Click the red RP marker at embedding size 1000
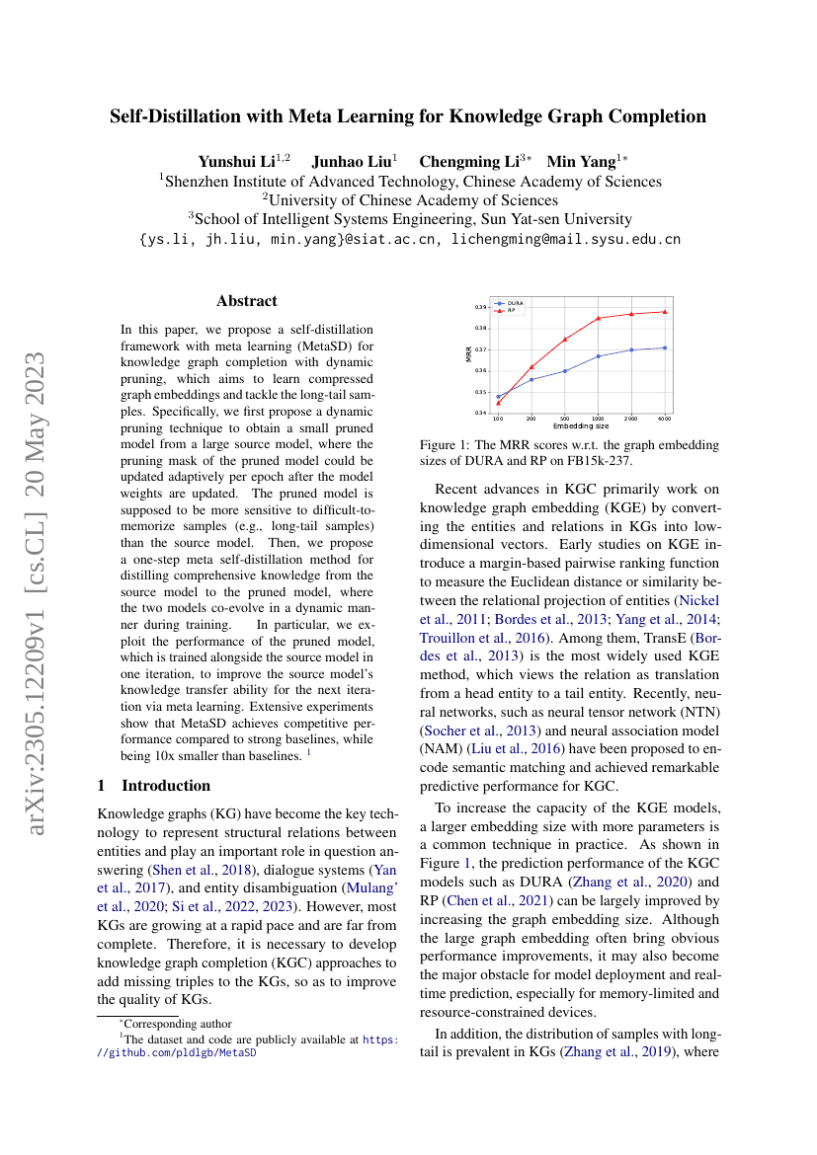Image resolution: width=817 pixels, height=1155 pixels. (x=599, y=318)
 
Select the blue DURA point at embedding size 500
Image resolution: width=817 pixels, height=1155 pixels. (x=565, y=371)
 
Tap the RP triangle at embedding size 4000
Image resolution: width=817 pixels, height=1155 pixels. (x=666, y=312)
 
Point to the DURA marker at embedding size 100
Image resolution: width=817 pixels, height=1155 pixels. (x=498, y=397)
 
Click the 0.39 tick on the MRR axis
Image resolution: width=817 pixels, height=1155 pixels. (x=481, y=307)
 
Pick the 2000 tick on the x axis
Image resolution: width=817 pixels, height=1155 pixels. (x=632, y=419)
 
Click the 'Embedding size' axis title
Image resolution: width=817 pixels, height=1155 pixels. (x=581, y=425)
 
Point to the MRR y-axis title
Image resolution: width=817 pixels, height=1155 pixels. (x=469, y=352)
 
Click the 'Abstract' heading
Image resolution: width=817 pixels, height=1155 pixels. (x=247, y=301)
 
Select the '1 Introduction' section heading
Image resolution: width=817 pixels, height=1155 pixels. (x=153, y=786)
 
